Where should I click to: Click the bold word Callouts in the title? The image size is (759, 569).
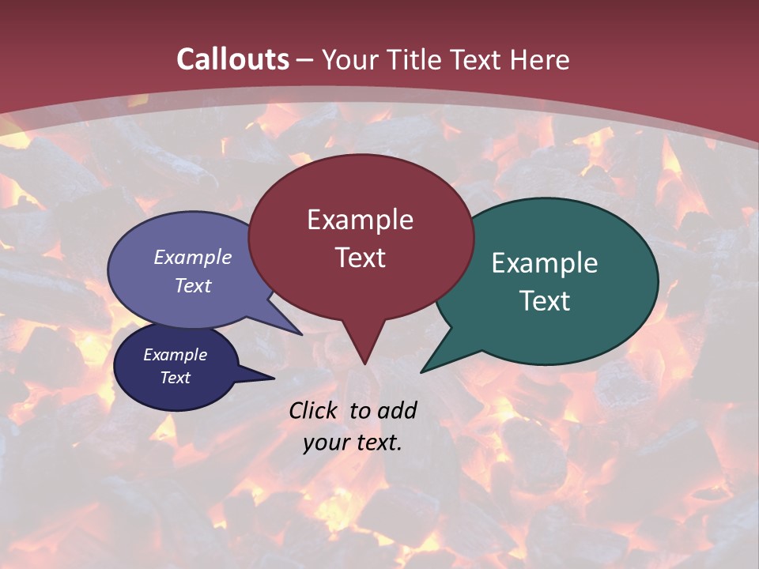(232, 59)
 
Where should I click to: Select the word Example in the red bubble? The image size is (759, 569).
(360, 220)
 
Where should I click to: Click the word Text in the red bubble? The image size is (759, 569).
(360, 258)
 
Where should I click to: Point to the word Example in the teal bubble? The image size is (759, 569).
(545, 263)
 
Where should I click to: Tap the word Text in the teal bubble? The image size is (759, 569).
(545, 301)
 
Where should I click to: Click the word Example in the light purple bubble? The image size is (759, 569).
(193, 257)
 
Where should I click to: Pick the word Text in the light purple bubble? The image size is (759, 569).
(193, 285)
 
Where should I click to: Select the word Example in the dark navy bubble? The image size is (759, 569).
(175, 355)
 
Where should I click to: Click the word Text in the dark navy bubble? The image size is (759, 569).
(175, 378)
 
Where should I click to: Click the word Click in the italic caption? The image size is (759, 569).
(314, 410)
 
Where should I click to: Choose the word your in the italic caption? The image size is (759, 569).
(326, 443)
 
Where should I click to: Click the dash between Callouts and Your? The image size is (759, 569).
(306, 60)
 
